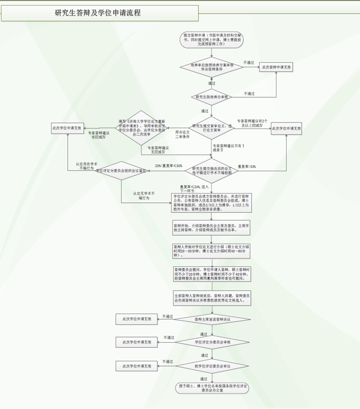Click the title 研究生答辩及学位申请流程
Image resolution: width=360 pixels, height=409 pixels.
(x=98, y=13)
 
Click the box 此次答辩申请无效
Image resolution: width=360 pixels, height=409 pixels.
(x=276, y=67)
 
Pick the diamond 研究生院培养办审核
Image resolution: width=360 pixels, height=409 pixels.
(x=212, y=97)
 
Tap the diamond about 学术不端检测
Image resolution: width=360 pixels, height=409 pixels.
(x=212, y=172)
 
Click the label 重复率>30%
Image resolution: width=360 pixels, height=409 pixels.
(x=247, y=166)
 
